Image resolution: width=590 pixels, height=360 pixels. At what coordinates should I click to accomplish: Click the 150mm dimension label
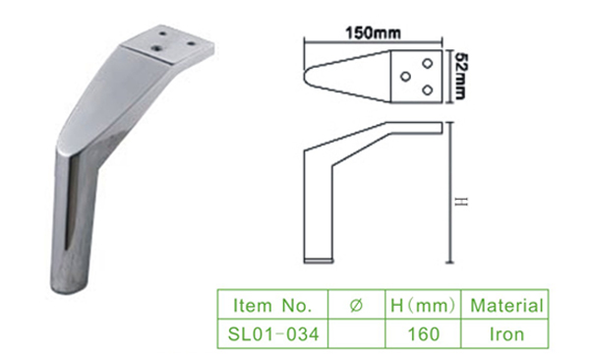pyautogui.click(x=373, y=33)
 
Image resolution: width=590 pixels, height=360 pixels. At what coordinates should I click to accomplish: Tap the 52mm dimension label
pyautogui.click(x=460, y=76)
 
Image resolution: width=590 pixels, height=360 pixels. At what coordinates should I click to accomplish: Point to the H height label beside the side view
pyautogui.click(x=461, y=202)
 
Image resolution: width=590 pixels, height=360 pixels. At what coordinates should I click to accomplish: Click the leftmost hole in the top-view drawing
pyautogui.click(x=405, y=77)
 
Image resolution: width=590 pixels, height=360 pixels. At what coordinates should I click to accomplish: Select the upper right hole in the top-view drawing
pyautogui.click(x=427, y=63)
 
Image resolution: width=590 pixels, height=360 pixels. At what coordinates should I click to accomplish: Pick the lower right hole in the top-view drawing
pyautogui.click(x=427, y=90)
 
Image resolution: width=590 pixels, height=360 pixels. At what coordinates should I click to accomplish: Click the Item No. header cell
pyautogui.click(x=272, y=305)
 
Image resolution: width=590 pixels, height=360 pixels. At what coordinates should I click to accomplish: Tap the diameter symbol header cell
pyautogui.click(x=356, y=305)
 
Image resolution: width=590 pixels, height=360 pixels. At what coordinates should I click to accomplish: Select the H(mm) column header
pyautogui.click(x=423, y=305)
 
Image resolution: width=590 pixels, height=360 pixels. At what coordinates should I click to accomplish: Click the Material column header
pyautogui.click(x=506, y=305)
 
